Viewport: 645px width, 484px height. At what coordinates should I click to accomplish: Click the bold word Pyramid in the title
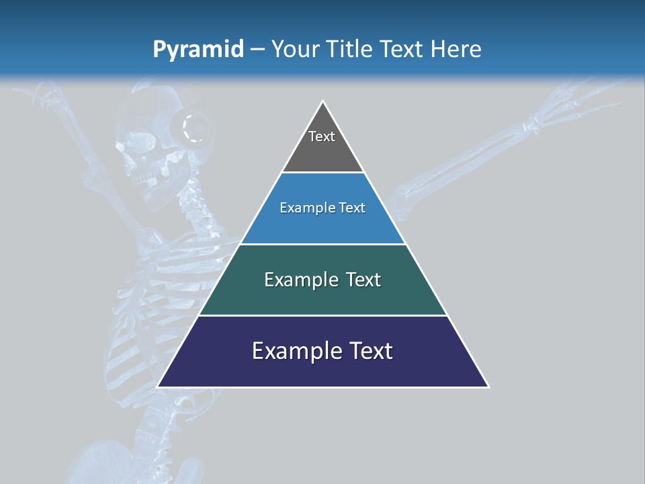pos(198,49)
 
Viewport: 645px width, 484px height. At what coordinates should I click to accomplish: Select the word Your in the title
pos(294,49)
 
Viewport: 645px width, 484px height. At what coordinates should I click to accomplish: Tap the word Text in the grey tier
pos(322,136)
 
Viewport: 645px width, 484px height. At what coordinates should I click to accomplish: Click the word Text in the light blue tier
pos(353,208)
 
